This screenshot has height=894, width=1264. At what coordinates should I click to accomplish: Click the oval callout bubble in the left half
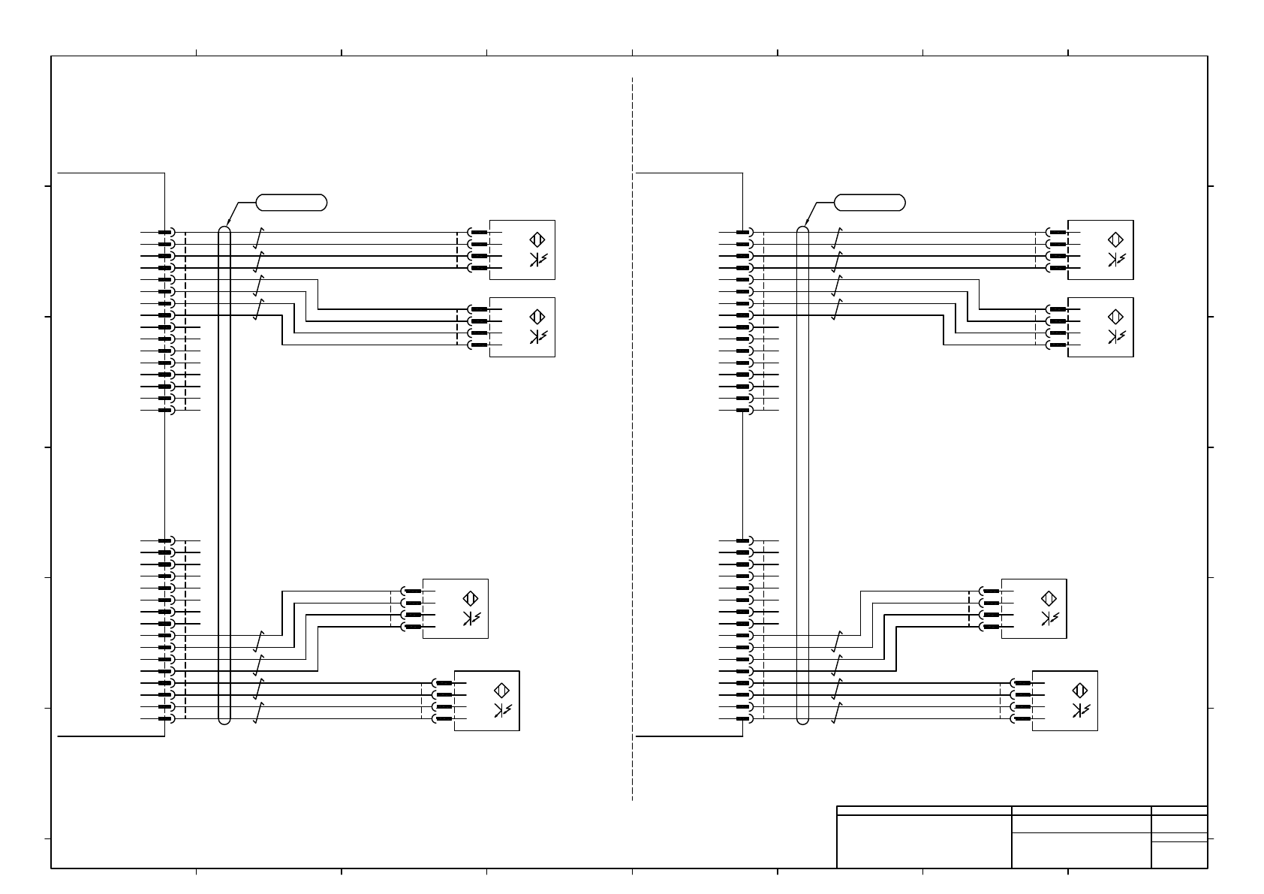click(291, 202)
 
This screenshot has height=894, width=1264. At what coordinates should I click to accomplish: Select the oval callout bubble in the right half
click(869, 202)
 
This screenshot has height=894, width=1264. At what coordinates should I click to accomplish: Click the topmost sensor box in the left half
click(522, 249)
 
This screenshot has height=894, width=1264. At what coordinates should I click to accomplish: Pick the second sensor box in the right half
click(1100, 327)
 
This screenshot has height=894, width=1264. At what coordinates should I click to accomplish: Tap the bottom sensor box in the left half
click(486, 700)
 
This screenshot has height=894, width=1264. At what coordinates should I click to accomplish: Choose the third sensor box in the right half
click(1034, 609)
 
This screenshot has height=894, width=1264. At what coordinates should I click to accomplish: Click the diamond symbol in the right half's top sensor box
click(1115, 240)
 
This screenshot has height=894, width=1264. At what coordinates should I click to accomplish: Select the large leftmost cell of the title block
click(923, 841)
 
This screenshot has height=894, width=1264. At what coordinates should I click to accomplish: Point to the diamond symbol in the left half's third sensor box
click(471, 599)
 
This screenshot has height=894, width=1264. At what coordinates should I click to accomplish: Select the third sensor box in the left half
click(455, 609)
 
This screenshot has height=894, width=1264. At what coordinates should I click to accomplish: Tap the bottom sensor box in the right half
click(1064, 700)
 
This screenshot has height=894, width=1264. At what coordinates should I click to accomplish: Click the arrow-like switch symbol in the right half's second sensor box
click(1115, 337)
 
